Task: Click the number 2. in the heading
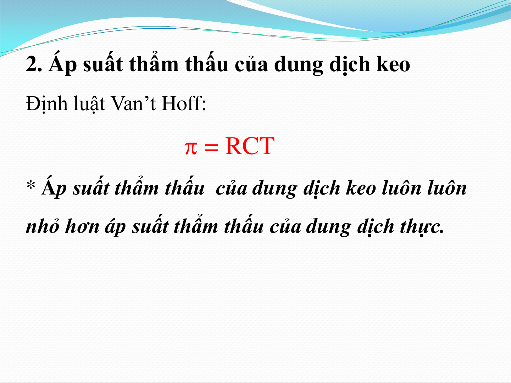click(x=34, y=64)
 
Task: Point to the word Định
click(x=46, y=104)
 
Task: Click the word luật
click(x=89, y=104)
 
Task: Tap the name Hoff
click(x=182, y=103)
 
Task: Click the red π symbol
click(x=191, y=148)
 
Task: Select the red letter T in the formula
click(x=266, y=146)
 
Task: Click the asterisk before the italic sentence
click(x=30, y=185)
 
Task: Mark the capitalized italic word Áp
click(x=54, y=187)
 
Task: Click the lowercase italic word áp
click(x=115, y=227)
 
